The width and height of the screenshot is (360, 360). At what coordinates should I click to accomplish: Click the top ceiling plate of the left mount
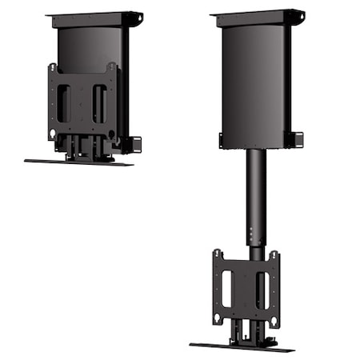(x=94, y=17)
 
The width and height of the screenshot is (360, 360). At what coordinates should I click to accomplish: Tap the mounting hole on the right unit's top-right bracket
(x=300, y=14)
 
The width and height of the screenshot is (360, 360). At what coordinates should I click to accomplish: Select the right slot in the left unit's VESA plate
(x=98, y=103)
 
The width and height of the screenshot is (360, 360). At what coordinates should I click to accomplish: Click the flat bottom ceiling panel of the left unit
(x=78, y=162)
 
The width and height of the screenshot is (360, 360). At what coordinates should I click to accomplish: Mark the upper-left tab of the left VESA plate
(x=52, y=69)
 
